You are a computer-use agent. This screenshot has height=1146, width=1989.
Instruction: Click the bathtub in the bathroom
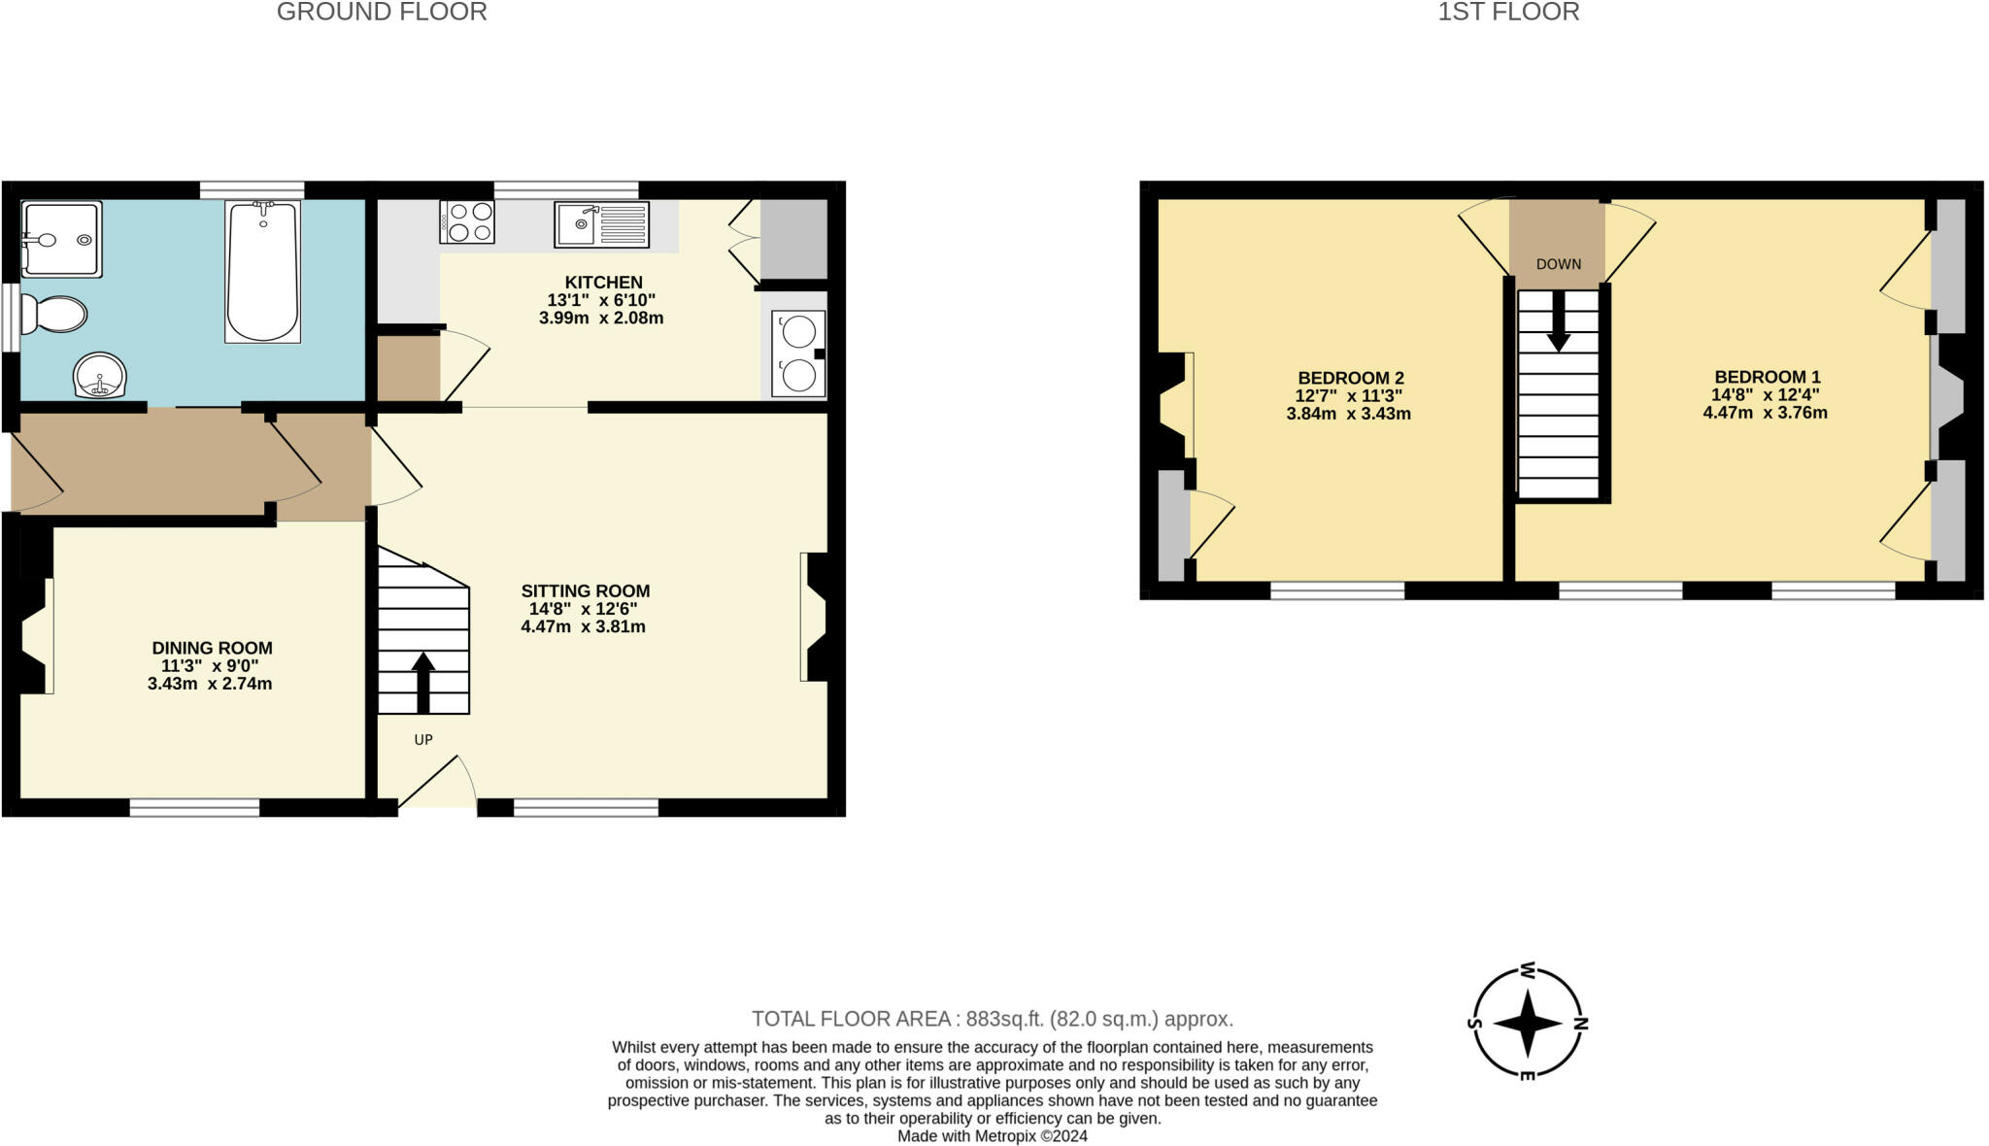click(262, 272)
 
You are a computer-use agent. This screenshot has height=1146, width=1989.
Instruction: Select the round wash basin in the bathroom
click(100, 375)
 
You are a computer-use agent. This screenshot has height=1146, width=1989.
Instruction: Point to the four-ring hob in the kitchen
click(467, 221)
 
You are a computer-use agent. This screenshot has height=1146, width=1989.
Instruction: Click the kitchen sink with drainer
click(601, 224)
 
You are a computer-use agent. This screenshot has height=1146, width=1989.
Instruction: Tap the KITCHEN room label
click(603, 283)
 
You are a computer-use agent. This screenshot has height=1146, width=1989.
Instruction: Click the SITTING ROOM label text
click(585, 590)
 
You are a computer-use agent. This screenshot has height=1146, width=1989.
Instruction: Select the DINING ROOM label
click(212, 648)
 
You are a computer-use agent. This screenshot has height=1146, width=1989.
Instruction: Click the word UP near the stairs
click(423, 740)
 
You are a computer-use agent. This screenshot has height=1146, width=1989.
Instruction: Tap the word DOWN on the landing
click(1558, 264)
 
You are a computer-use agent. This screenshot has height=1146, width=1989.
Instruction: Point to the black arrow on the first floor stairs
click(1558, 323)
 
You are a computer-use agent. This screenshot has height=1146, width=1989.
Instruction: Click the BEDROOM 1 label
click(1767, 377)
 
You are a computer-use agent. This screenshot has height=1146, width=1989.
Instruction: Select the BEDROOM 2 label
click(1350, 378)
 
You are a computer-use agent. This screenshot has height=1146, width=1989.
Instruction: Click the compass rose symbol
click(1527, 1023)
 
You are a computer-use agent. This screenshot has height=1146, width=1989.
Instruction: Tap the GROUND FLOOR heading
click(382, 13)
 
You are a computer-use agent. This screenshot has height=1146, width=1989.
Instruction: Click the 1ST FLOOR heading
click(1508, 13)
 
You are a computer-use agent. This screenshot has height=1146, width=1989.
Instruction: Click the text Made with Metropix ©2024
click(992, 1135)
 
